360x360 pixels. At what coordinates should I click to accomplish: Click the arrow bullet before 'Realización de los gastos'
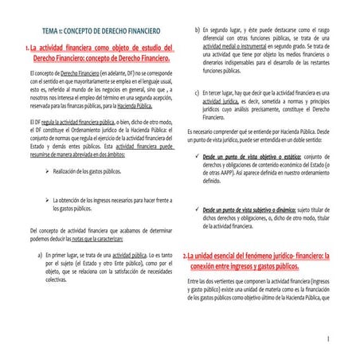(48, 170)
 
